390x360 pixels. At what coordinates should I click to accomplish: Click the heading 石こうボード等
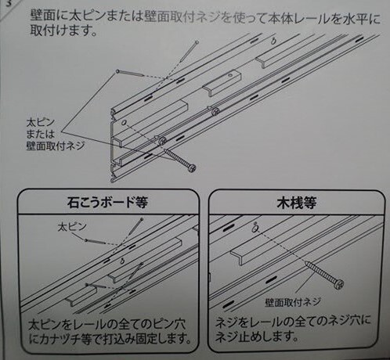click(x=107, y=202)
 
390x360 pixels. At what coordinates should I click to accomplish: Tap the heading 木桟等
click(x=297, y=203)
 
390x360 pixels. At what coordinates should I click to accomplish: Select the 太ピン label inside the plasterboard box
click(x=72, y=227)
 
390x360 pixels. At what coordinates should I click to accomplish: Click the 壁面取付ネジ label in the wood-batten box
click(x=293, y=302)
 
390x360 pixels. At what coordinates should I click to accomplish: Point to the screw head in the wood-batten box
click(x=338, y=283)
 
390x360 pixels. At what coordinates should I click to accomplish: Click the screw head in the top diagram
click(x=192, y=167)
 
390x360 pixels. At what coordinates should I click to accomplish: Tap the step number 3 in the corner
click(x=9, y=4)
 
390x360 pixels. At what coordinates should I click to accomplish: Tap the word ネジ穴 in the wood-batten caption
click(x=343, y=321)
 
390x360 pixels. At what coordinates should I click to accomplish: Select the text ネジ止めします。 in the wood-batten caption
click(x=257, y=337)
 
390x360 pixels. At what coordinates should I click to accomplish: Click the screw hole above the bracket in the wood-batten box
click(x=255, y=229)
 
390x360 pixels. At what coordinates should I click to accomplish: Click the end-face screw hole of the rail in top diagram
click(x=125, y=122)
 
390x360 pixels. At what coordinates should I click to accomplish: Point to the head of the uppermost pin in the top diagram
click(x=197, y=41)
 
